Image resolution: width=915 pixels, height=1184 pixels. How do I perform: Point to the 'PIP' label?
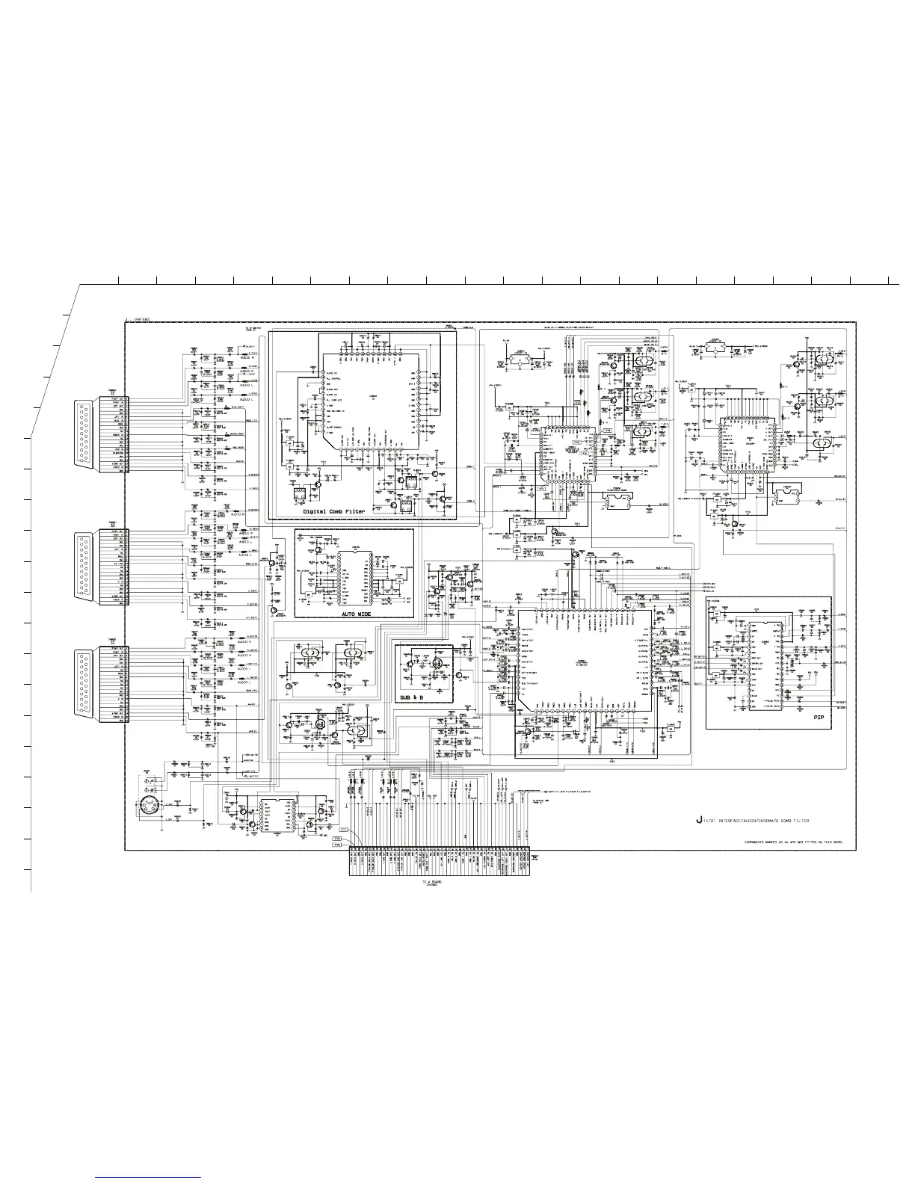click(x=819, y=716)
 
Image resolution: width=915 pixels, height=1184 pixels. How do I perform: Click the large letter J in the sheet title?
click(x=697, y=820)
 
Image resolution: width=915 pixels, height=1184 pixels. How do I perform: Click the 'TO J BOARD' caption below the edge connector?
click(x=432, y=883)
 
